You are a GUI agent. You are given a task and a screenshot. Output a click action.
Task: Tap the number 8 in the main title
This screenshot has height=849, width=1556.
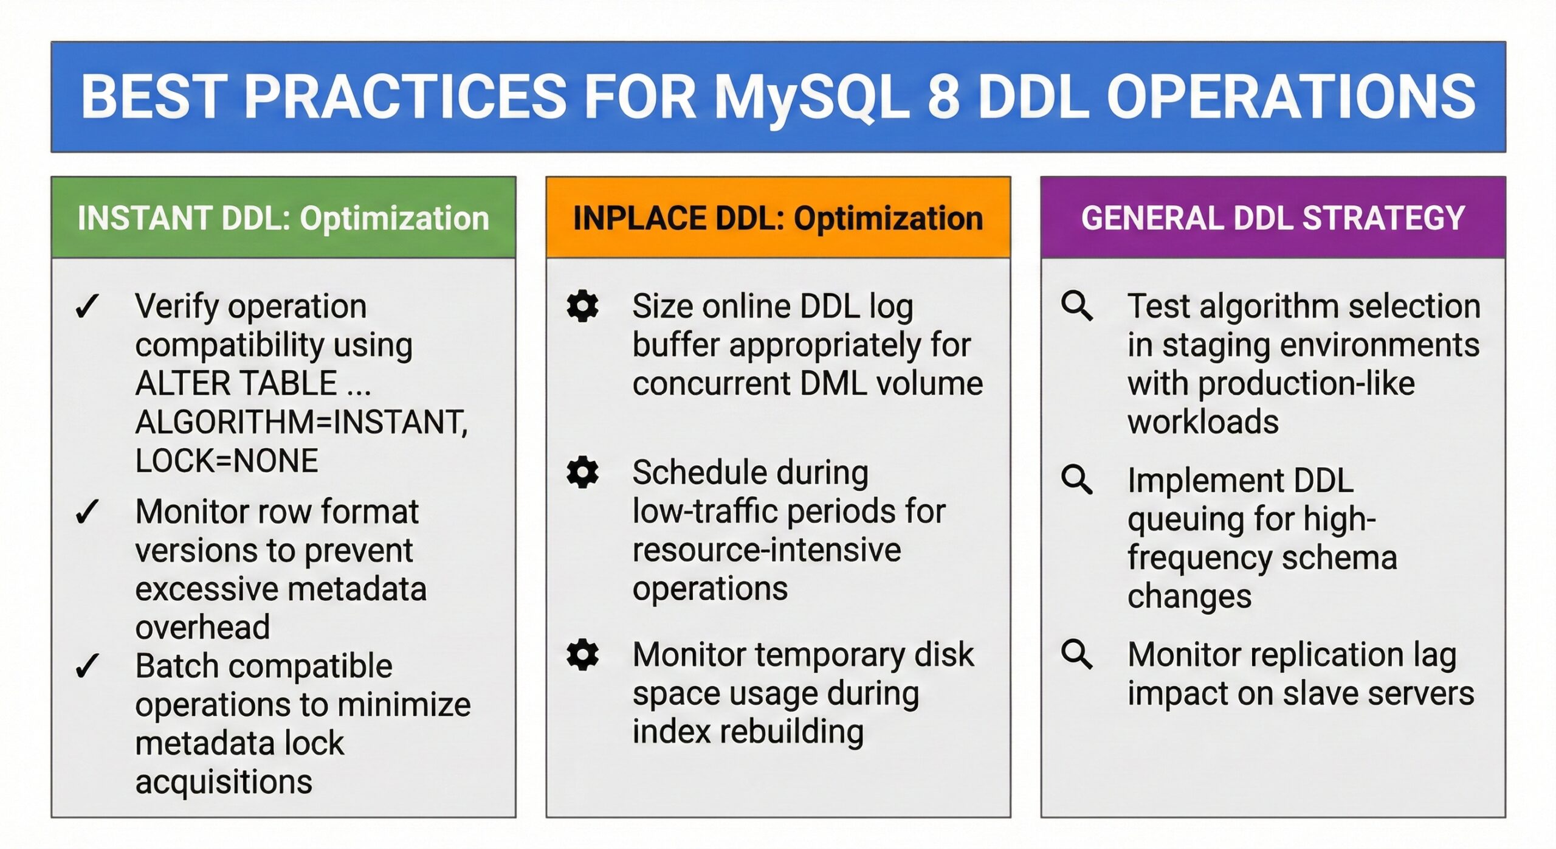click(943, 97)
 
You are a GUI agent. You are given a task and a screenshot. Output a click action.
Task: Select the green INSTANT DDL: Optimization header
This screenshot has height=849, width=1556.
click(283, 218)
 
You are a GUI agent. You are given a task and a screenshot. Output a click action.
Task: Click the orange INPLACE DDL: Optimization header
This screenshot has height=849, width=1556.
click(778, 218)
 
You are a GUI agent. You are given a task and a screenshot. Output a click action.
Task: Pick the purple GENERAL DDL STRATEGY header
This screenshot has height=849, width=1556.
click(1273, 218)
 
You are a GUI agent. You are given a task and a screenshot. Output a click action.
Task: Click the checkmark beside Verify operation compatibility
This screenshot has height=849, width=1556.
click(88, 306)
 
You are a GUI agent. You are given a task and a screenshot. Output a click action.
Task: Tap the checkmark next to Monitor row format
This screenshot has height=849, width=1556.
click(88, 511)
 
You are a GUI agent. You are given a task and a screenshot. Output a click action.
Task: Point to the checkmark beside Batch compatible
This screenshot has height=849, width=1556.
click(88, 666)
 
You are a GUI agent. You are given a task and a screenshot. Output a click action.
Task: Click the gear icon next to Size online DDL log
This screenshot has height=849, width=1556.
click(582, 306)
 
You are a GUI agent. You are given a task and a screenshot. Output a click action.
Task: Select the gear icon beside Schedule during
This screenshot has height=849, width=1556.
click(582, 472)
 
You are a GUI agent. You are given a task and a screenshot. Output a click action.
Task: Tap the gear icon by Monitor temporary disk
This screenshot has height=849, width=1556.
click(582, 654)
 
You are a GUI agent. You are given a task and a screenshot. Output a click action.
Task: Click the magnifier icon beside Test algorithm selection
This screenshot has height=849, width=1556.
click(1077, 306)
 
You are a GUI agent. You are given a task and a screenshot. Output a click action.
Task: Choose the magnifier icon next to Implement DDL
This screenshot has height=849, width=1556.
click(1077, 480)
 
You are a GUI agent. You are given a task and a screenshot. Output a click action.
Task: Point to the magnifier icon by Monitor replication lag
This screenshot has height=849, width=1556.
click(1077, 654)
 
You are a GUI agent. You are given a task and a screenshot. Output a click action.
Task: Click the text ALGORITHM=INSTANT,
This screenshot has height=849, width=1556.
click(301, 422)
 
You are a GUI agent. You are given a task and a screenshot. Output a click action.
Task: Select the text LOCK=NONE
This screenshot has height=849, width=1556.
click(226, 460)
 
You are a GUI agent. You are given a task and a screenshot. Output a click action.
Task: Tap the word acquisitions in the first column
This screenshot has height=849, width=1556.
click(224, 781)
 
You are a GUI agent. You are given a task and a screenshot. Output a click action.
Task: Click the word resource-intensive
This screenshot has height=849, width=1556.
click(766, 550)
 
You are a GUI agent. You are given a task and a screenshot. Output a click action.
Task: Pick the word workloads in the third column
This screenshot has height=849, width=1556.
click(1203, 422)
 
